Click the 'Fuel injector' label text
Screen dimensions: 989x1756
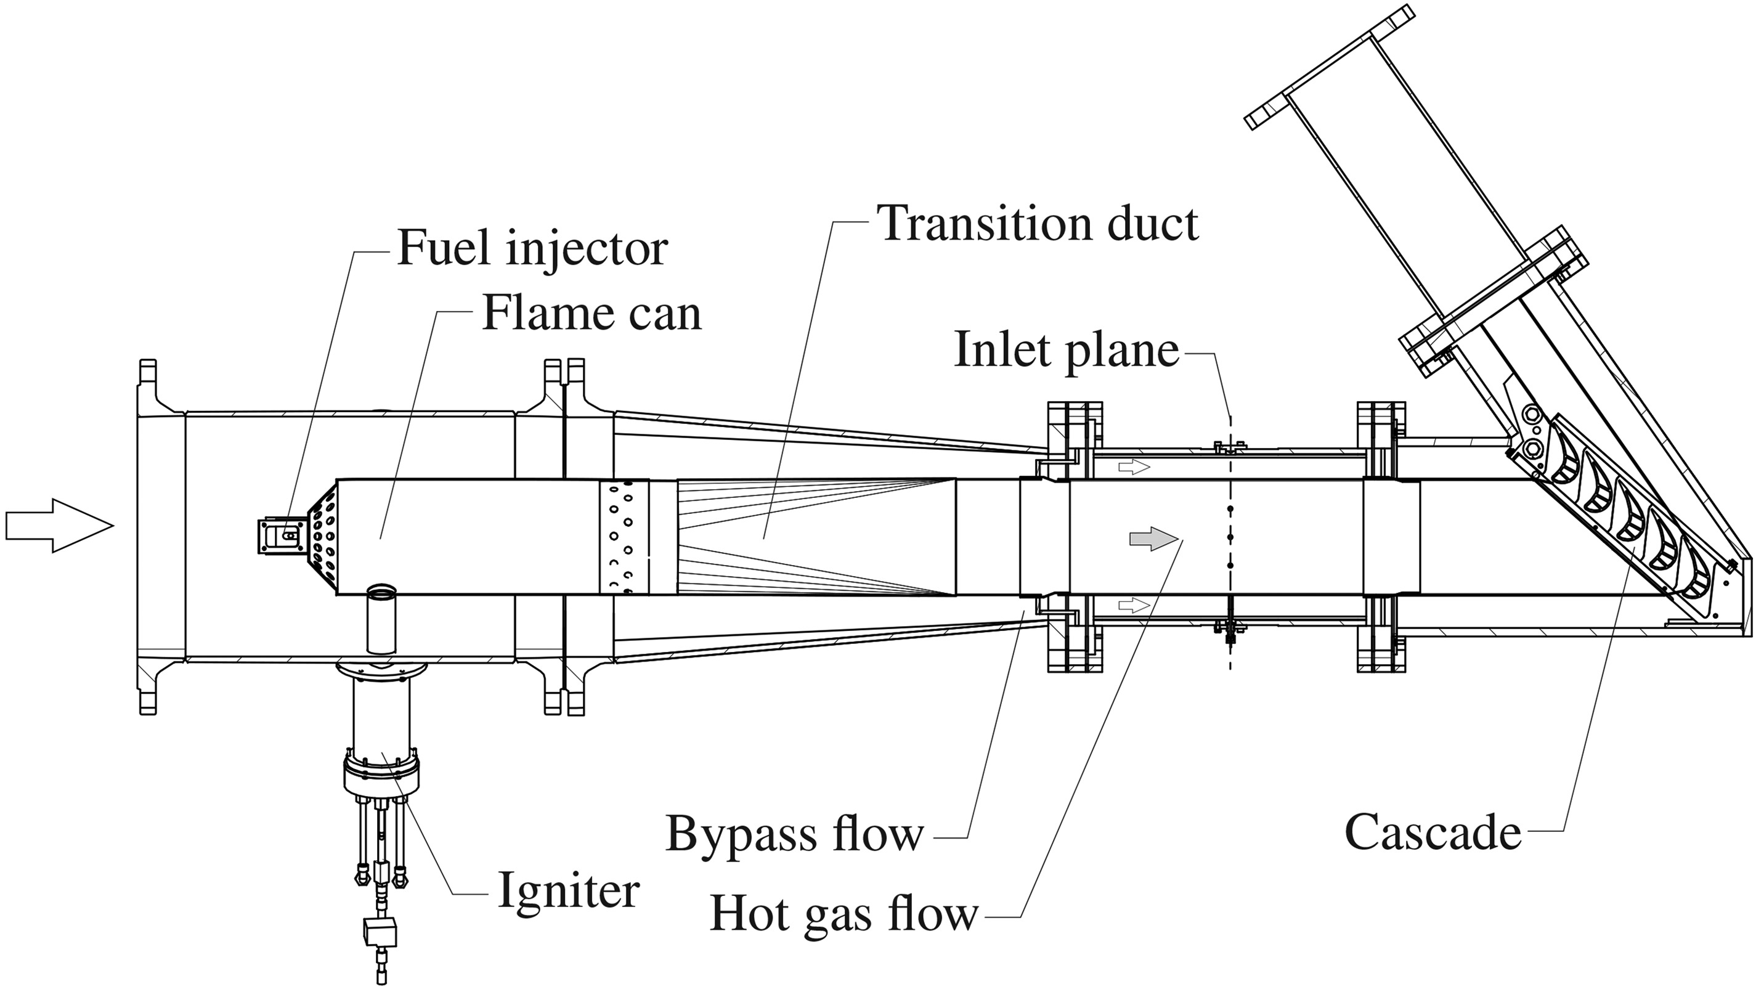click(532, 249)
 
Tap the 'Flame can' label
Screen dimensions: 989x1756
click(591, 314)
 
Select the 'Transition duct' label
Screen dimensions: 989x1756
click(1038, 224)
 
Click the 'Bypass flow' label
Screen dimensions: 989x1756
click(794, 834)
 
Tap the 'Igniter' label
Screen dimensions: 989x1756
click(569, 890)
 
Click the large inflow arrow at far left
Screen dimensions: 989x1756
click(59, 525)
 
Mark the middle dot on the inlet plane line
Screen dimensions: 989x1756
click(1230, 538)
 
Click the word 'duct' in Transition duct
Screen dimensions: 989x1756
click(1152, 224)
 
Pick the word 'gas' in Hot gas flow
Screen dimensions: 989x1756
click(844, 917)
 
